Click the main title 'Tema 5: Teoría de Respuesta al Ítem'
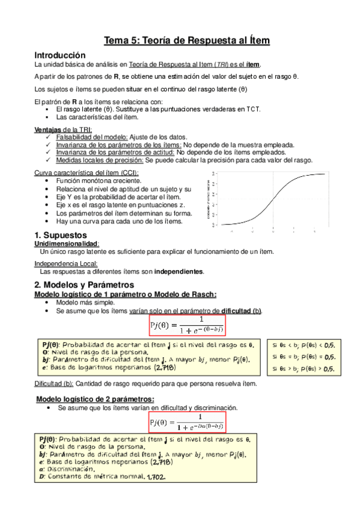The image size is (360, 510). pos(187,40)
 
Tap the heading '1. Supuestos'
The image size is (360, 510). pos(61,235)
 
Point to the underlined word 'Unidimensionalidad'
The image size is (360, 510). pos(66,244)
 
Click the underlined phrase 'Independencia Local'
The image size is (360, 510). pos(66,263)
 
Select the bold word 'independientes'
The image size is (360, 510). pos(179,271)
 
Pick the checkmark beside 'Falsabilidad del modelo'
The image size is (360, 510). pos(48,137)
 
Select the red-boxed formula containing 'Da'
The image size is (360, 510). pos(187,422)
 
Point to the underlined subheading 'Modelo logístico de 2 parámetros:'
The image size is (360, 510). pos(95,399)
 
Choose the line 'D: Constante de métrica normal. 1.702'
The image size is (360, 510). pos(102,478)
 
